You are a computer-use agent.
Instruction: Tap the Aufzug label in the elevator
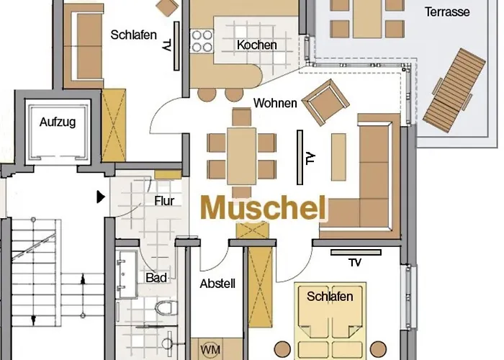tap(58, 122)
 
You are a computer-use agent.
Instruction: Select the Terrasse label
tap(446, 12)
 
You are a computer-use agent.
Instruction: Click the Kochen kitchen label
tap(256, 45)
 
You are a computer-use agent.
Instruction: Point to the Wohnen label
tap(274, 103)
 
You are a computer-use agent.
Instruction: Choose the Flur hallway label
tap(164, 201)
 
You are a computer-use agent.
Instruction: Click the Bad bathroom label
tap(156, 277)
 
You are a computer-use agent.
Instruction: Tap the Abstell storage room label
tap(217, 283)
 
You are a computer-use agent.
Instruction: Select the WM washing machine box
tap(210, 349)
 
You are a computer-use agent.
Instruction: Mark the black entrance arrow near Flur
tap(101, 196)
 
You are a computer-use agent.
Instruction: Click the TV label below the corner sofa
tap(354, 262)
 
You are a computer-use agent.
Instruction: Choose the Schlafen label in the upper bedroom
tap(133, 35)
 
